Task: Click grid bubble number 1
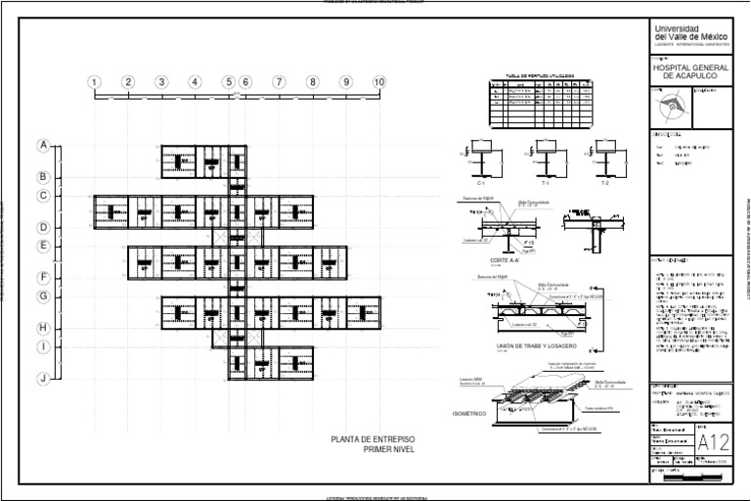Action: point(95,82)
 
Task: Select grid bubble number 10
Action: point(379,82)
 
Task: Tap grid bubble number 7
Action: point(279,82)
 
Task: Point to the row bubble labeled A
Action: point(43,146)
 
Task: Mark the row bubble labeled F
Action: point(43,278)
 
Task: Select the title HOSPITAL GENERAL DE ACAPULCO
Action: point(689,70)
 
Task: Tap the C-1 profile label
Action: point(481,182)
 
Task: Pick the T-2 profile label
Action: point(604,182)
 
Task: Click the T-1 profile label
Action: point(545,182)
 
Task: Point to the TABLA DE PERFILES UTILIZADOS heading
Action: point(540,75)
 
